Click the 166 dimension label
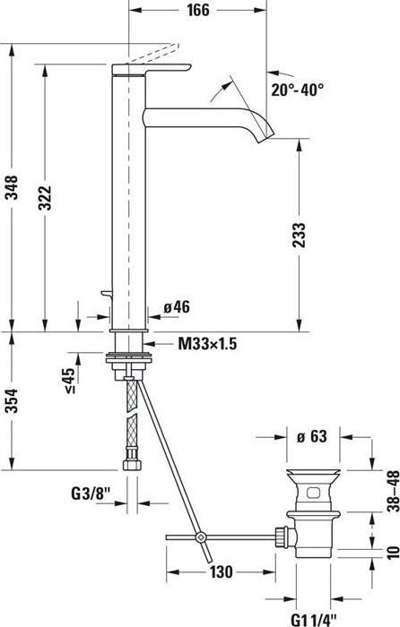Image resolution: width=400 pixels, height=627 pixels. [x=198, y=10]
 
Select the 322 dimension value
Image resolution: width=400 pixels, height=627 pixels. [x=45, y=198]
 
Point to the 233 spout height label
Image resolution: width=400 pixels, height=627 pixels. [x=300, y=235]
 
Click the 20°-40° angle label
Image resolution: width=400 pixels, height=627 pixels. [x=298, y=90]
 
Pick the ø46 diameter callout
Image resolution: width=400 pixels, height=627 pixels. [x=177, y=307]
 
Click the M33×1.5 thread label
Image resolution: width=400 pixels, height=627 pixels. [x=207, y=343]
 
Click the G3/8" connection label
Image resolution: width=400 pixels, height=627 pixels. [x=91, y=494]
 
